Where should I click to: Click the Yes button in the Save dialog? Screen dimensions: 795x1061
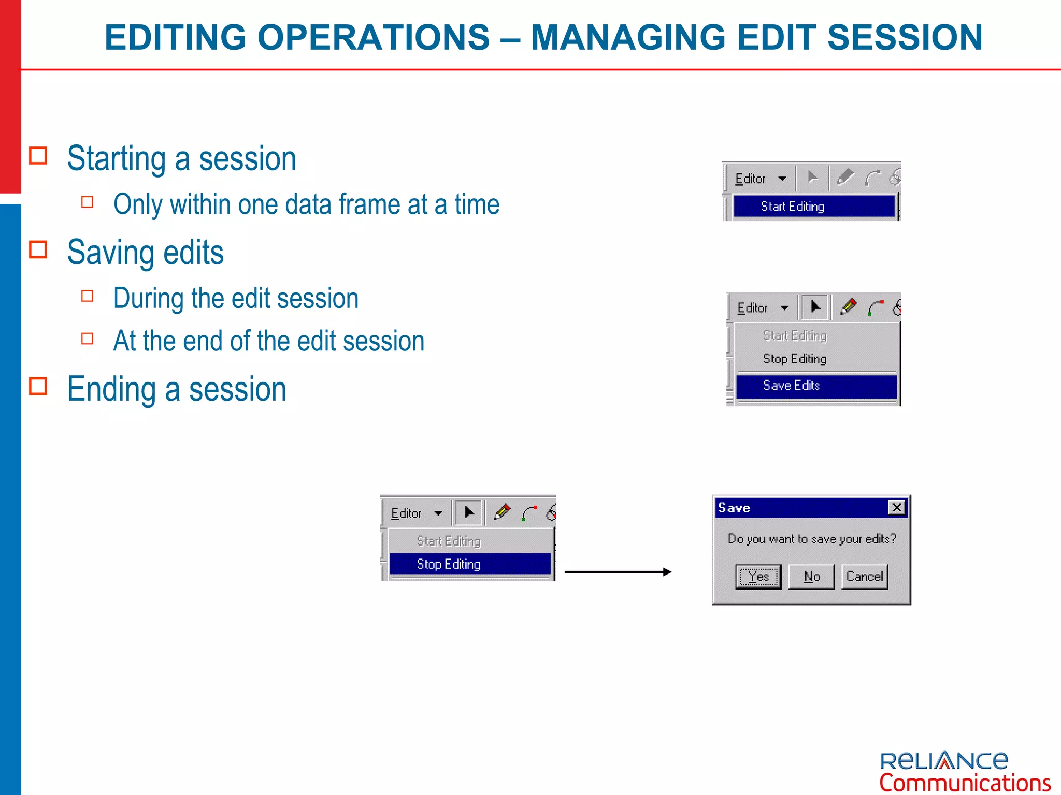point(758,577)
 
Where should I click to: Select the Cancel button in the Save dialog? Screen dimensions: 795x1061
point(864,577)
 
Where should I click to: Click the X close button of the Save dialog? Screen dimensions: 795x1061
point(896,507)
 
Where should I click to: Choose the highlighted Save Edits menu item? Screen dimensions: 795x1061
point(816,386)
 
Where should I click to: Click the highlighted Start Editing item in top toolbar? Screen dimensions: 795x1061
point(813,207)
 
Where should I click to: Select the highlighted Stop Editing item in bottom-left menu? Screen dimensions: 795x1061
point(469,564)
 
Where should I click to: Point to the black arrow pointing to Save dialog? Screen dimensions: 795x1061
point(618,572)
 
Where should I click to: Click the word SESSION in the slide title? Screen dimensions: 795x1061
point(905,37)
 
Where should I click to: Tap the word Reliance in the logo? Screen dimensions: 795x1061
point(943,761)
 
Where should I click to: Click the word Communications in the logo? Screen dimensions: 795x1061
point(965,783)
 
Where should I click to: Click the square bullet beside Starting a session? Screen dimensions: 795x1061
point(38,156)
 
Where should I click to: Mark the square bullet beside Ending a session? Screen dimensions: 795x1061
point(38,386)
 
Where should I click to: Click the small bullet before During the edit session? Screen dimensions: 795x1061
point(88,296)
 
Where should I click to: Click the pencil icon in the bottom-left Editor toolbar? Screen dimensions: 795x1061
point(502,512)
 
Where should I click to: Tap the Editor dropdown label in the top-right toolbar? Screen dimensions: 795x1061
point(750,179)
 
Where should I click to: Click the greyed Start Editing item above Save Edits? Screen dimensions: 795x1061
point(794,336)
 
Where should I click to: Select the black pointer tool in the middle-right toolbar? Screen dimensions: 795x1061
point(815,307)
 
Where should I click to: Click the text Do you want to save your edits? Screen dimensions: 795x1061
point(811,539)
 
